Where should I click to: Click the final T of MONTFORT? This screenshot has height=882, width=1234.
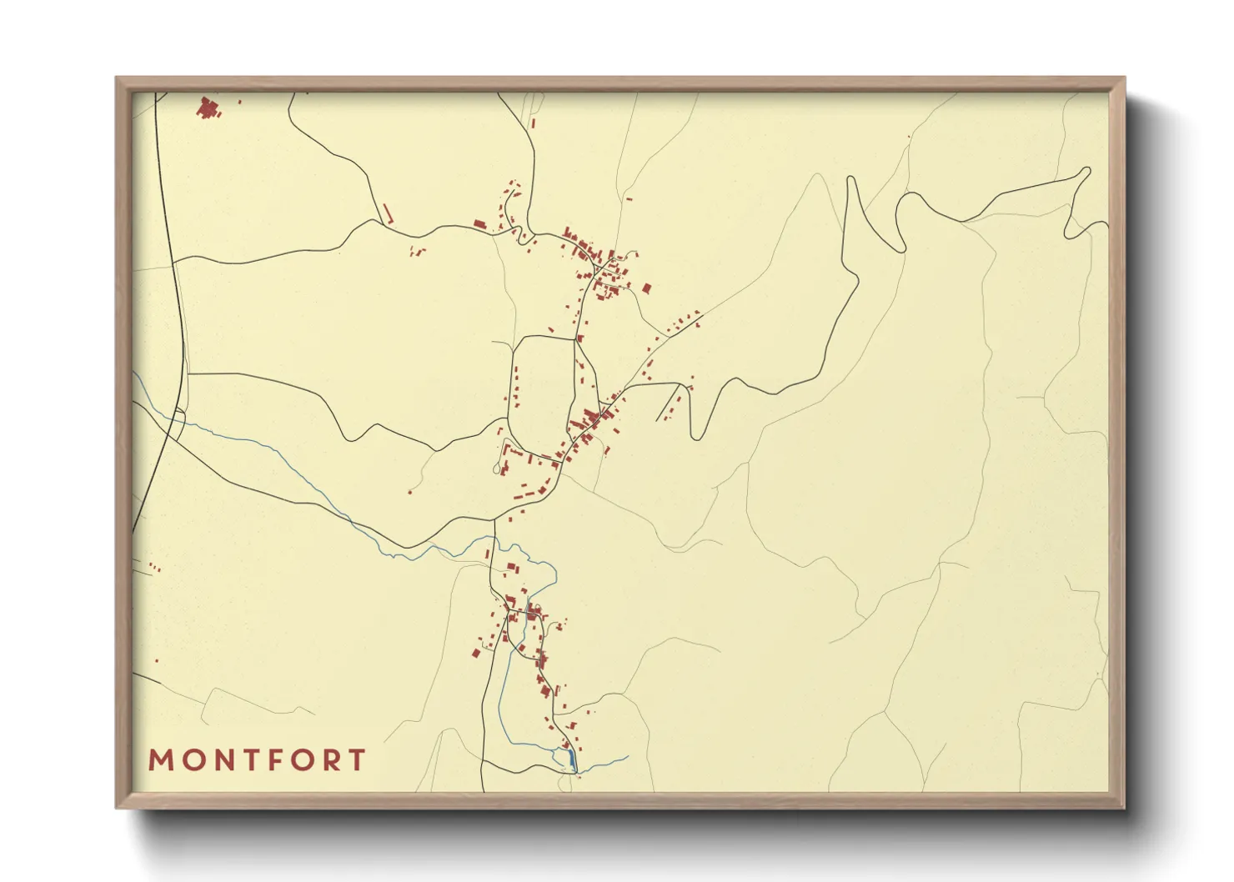359,760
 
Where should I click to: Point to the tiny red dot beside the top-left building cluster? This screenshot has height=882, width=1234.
240,103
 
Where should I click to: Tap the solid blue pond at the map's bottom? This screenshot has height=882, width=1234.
571,759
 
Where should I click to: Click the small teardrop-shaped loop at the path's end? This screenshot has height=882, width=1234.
500,469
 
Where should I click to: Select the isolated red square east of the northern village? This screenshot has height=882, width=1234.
646,288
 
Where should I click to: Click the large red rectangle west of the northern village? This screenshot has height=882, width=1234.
479,223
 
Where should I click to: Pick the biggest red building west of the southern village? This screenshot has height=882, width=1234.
475,652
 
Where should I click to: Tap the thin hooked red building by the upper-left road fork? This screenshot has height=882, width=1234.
386,214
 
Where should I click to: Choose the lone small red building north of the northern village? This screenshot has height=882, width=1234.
534,123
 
